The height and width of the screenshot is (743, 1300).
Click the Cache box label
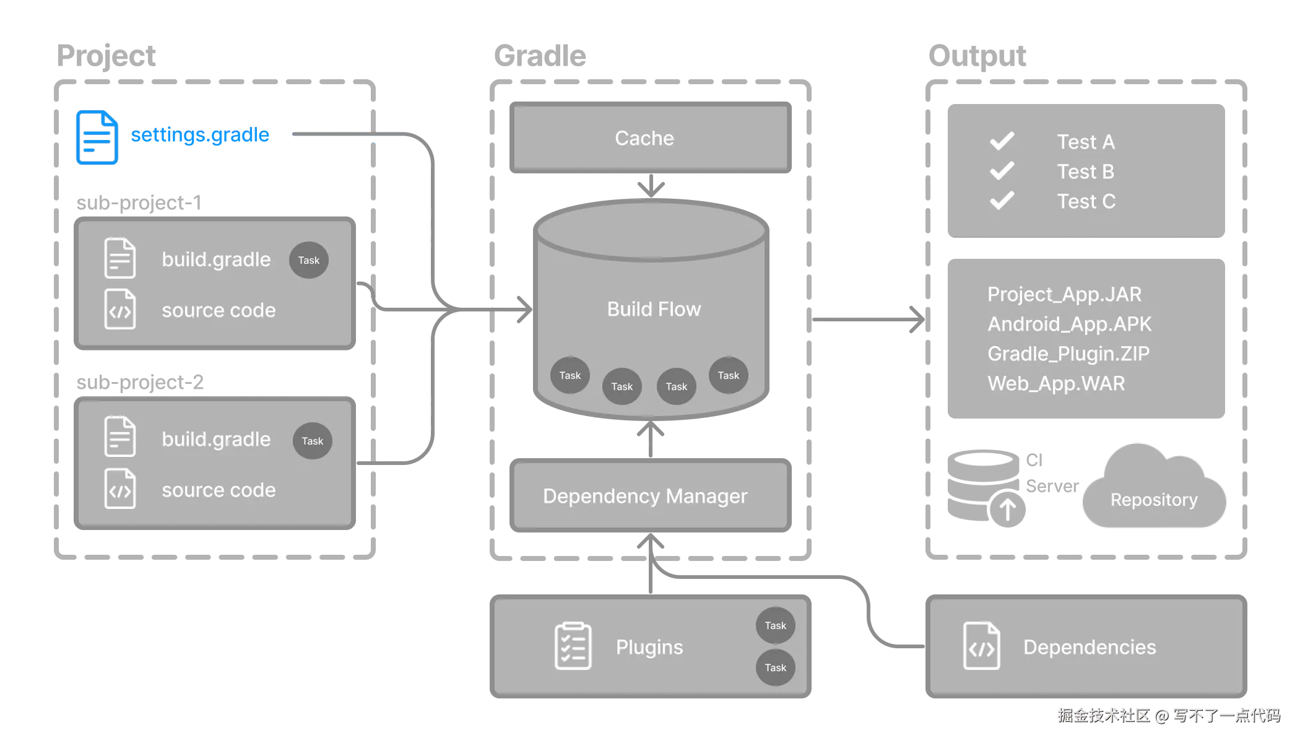click(644, 138)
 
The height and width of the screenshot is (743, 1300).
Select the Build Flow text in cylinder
click(654, 309)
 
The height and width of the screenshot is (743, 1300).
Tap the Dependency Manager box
click(645, 496)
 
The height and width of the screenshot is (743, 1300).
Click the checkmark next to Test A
click(1002, 141)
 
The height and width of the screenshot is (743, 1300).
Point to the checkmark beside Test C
click(1002, 201)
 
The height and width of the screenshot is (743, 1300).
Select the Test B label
click(1085, 172)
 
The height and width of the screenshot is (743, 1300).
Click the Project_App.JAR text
click(1064, 294)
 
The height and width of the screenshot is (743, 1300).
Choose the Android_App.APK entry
click(1069, 324)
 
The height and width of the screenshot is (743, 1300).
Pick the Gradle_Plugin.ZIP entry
click(1068, 354)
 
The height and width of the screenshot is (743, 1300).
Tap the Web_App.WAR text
click(1056, 383)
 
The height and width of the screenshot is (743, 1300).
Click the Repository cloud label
click(1153, 500)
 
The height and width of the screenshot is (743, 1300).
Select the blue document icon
click(97, 137)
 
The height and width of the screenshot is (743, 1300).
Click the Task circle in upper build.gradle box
click(308, 260)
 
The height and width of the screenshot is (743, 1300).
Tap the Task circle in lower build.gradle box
click(312, 441)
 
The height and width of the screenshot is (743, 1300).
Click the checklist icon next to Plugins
click(573, 646)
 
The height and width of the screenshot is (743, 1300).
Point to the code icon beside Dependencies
click(981, 646)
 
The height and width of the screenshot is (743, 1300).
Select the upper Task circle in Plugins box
click(775, 625)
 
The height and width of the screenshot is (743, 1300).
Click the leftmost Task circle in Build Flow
click(570, 375)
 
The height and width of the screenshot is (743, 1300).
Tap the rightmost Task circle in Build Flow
click(728, 375)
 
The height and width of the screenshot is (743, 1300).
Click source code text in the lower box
click(219, 490)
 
